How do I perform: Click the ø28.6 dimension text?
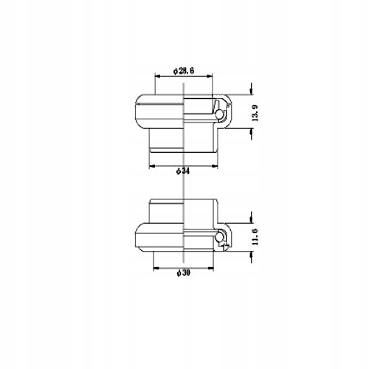click(183, 70)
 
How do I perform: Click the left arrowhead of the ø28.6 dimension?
click(157, 75)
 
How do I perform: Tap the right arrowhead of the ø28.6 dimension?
click(212, 75)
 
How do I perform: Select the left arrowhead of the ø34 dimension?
click(152, 165)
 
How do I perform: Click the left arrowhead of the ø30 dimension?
click(155, 267)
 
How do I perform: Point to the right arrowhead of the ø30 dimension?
click(214, 267)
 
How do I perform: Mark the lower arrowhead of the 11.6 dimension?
click(252, 251)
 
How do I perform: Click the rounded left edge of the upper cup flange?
click(136, 111)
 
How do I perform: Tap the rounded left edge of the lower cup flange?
click(136, 236)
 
